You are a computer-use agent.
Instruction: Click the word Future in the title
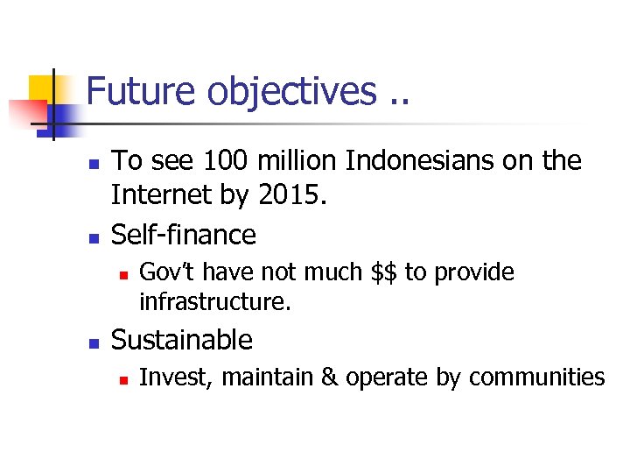pyautogui.click(x=139, y=90)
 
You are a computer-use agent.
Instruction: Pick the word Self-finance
pyautogui.click(x=184, y=235)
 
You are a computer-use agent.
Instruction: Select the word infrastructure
pyautogui.click(x=214, y=303)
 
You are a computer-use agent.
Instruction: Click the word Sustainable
pyautogui.click(x=182, y=340)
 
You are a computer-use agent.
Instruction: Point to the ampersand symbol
pyautogui.click(x=329, y=378)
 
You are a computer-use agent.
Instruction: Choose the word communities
pyautogui.click(x=536, y=378)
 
